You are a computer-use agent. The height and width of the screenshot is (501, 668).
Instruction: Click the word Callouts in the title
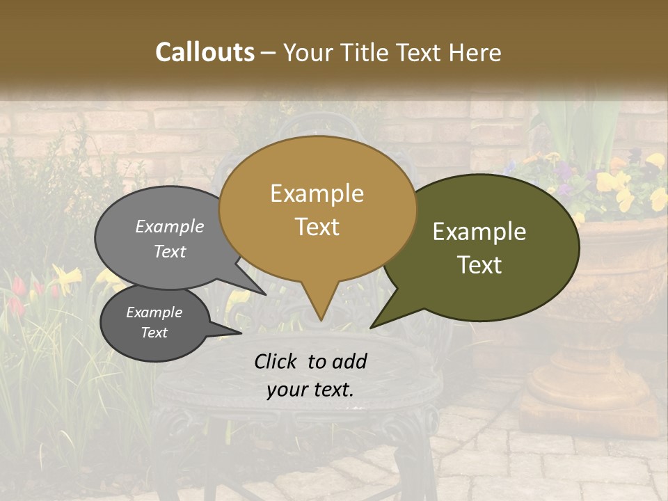coord(205,52)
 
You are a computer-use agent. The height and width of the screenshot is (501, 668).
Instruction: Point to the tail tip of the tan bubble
coord(320,319)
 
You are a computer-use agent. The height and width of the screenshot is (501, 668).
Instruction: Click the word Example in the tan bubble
coord(317,193)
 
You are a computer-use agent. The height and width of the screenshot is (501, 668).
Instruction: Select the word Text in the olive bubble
coord(479,265)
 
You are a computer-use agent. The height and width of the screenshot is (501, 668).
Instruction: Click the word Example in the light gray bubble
coord(170,226)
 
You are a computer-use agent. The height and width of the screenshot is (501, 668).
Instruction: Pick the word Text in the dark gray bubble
coord(154,333)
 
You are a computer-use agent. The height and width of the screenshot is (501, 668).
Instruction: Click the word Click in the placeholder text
coord(276,361)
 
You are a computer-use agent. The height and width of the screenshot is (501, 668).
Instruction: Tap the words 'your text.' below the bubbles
coord(310,390)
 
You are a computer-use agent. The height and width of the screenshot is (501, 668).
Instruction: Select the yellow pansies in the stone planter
coord(612,182)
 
